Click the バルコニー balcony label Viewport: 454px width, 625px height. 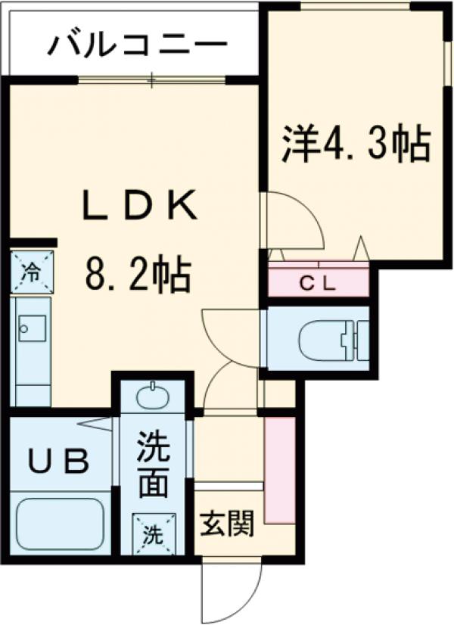137,45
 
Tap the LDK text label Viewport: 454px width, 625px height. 141,206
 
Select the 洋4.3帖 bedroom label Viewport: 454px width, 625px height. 356,144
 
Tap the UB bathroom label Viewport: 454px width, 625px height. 58,461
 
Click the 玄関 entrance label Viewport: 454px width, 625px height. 225,524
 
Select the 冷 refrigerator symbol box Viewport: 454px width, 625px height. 32,270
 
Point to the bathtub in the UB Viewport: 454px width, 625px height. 58,524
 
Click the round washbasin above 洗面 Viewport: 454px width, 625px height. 154,394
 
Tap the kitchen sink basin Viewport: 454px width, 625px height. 33,327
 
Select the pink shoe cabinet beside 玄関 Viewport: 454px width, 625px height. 279,469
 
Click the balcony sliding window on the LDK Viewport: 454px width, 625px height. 151,79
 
